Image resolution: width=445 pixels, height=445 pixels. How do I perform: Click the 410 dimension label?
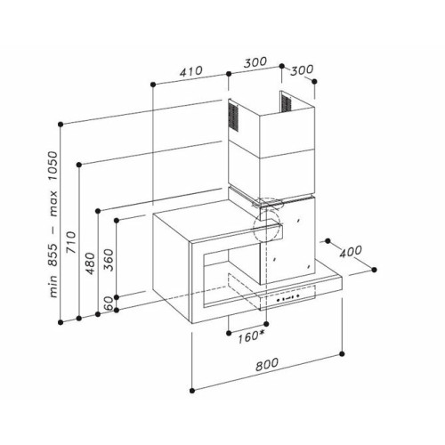pos(191,71)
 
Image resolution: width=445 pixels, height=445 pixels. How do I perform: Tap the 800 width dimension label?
pos(267,365)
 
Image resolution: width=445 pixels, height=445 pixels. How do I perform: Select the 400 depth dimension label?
pos(351,252)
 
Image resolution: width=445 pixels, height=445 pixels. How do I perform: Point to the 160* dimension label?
pos(251,337)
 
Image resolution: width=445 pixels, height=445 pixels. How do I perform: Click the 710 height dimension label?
pos(71,242)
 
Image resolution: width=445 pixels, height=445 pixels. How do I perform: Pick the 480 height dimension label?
pos(90,263)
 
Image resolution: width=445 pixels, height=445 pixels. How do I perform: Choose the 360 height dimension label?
pos(109,260)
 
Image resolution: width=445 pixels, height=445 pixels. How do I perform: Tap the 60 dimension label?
pos(109,303)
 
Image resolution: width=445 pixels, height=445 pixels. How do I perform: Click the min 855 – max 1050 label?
pos(53,224)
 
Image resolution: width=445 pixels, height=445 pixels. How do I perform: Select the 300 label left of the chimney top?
pos(255,62)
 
